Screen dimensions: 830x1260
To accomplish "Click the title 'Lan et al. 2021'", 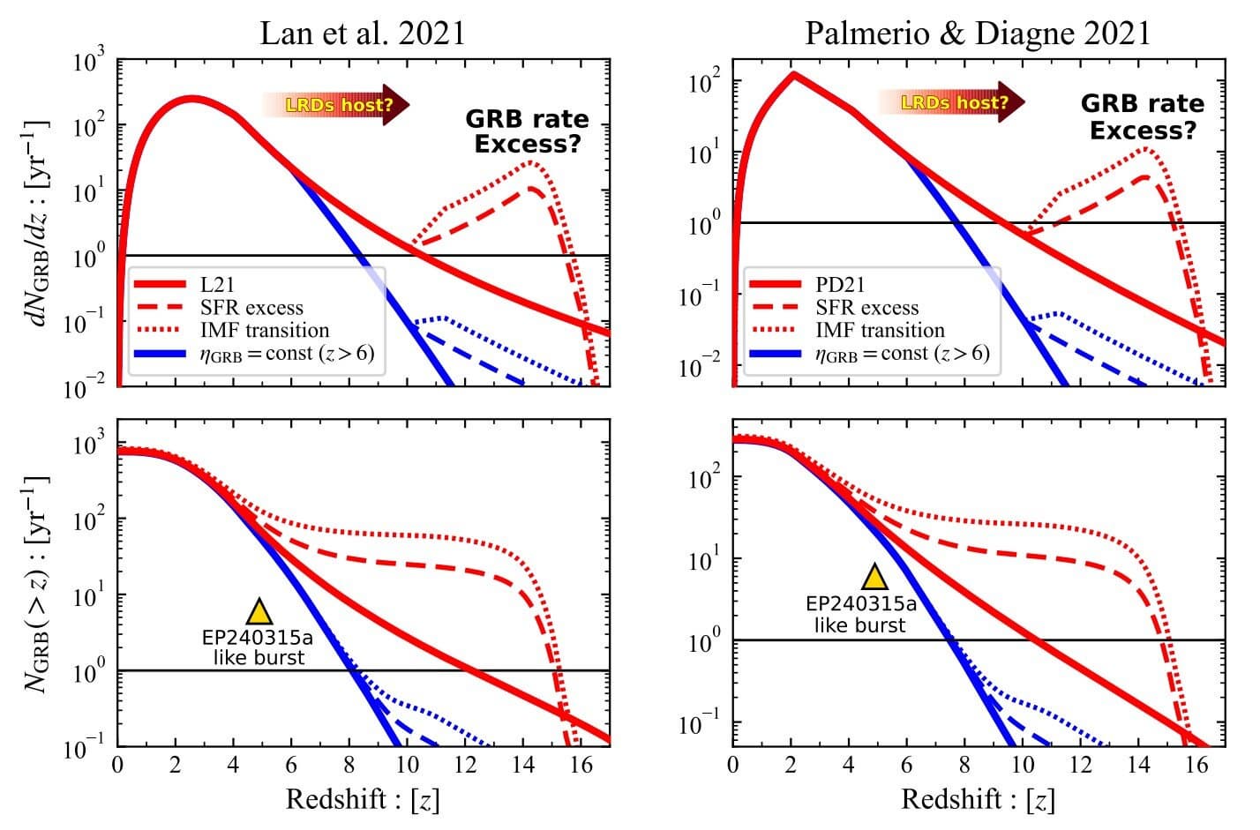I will coord(362,33).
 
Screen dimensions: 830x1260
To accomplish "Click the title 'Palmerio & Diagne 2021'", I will coord(978,33).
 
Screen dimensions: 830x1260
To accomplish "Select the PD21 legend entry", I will coord(840,285).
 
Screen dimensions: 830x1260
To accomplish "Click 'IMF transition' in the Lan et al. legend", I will coord(264,331).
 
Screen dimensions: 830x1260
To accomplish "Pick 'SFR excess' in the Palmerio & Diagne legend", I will coord(867,308).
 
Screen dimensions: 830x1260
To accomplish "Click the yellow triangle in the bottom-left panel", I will coord(259,611).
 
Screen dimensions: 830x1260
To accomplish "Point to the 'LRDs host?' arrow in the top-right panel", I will coord(951,102).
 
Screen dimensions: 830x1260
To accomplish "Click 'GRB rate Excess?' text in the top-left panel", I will coord(527,131).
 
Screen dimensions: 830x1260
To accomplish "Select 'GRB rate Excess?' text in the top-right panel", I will coord(1143,116).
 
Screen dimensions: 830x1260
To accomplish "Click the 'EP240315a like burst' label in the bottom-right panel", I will coord(860,615).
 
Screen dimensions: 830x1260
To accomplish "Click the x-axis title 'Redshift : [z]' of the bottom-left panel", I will coord(363,799).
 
